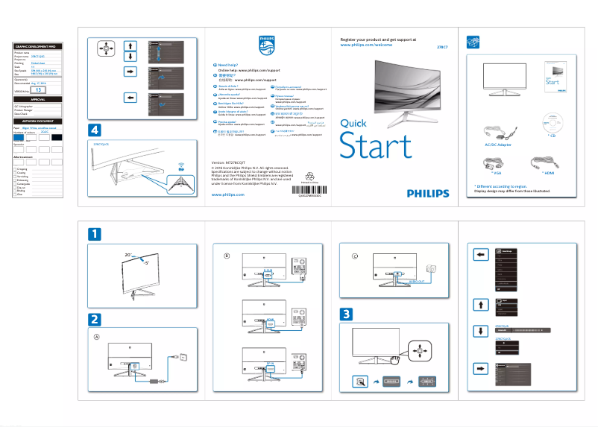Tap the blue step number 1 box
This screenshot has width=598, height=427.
tap(95, 234)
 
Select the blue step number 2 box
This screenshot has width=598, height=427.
tap(95, 319)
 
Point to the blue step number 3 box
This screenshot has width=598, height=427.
tap(347, 314)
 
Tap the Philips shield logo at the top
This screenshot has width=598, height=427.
tap(267, 44)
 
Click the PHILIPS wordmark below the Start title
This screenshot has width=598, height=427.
tap(428, 192)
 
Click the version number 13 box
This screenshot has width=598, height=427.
tap(40, 90)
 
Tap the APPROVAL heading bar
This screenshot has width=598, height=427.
tap(37, 99)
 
